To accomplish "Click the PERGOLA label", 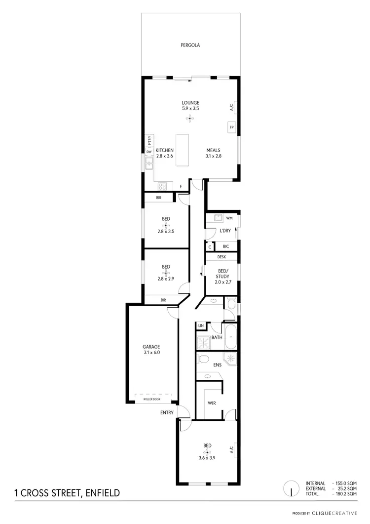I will point(190,45).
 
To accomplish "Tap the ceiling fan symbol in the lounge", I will point(190,119).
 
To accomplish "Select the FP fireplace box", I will point(231,127).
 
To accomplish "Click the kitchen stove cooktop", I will point(162,186).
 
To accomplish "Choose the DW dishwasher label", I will point(148,152).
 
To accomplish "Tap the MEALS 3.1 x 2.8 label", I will point(213,153).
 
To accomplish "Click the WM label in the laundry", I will point(229,218).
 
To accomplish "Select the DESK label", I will point(221,257).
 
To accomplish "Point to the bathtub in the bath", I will point(230,338).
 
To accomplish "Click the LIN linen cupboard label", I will point(201,326).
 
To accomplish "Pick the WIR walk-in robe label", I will point(212,403).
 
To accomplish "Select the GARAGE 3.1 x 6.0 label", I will point(152,349).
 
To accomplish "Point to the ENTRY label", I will point(166,412).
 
